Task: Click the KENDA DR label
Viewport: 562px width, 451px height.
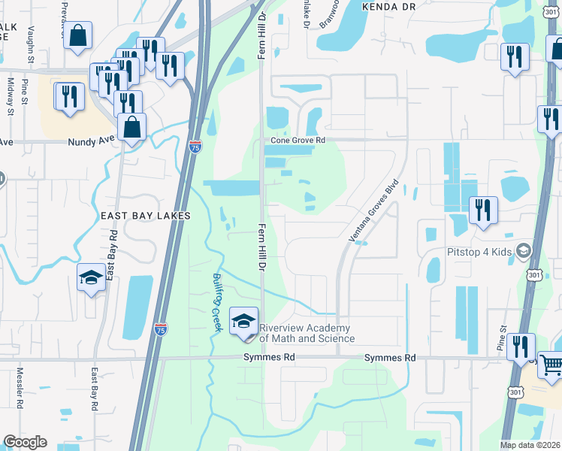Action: tap(388, 5)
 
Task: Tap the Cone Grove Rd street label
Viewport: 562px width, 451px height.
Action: tap(298, 140)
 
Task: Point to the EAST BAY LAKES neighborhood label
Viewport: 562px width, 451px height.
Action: tap(146, 216)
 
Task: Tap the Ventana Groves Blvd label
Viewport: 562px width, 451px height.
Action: tap(373, 210)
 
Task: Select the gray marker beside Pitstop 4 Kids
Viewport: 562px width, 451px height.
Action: tap(524, 250)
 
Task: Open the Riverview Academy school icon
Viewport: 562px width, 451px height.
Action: tap(243, 322)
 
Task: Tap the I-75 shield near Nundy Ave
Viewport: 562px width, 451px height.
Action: tap(195, 147)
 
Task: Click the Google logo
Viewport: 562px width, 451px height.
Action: tap(25, 443)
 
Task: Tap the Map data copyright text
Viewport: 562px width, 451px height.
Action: tap(529, 445)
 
